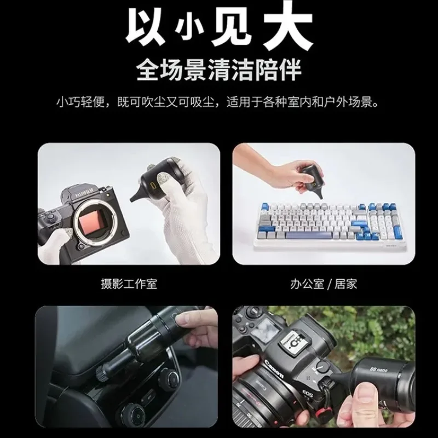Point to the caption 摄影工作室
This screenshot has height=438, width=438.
(125, 284)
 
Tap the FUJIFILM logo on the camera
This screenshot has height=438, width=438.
(82, 193)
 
